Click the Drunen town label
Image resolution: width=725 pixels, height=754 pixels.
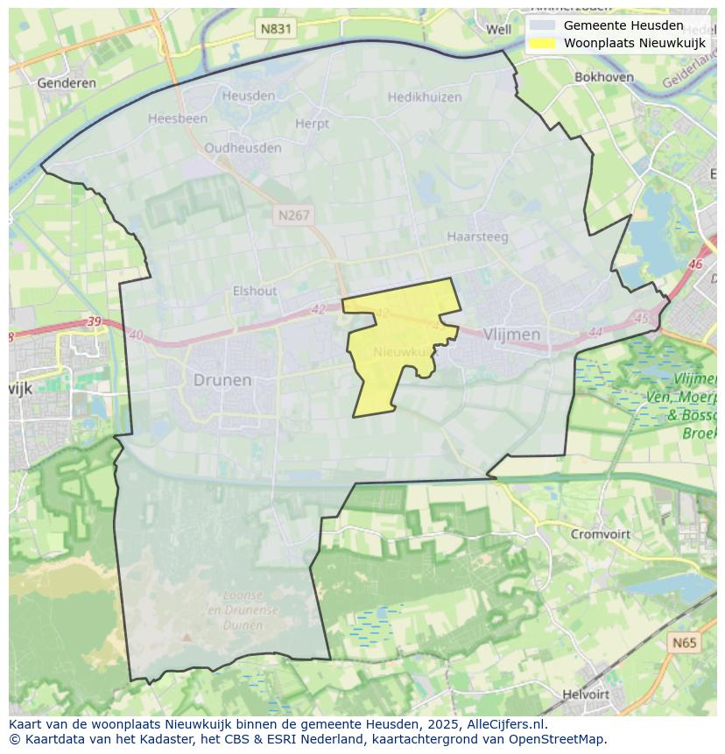coord(222,380)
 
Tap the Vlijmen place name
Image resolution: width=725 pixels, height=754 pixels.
coord(511,335)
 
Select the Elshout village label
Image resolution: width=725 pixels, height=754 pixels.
coord(255,291)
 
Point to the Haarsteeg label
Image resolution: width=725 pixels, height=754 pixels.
coord(477,236)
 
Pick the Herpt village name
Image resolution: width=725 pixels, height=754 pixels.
coord(313,124)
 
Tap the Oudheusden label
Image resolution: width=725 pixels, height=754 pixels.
coord(243,148)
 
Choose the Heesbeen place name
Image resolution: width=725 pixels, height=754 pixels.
coord(178,118)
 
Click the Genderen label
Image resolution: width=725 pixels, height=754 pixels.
coord(67,83)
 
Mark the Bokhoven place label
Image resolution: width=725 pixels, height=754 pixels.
coord(604,77)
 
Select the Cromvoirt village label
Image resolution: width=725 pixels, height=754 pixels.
coord(601,533)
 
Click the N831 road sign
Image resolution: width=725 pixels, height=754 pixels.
coord(277,29)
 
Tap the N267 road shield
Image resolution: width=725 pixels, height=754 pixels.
coord(293,215)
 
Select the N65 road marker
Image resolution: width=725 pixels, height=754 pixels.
coord(685,643)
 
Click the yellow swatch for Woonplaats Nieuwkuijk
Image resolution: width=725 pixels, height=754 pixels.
coord(543,43)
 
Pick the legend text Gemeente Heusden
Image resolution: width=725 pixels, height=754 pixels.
coord(623,25)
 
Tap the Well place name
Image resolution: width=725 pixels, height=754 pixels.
coord(498,29)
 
